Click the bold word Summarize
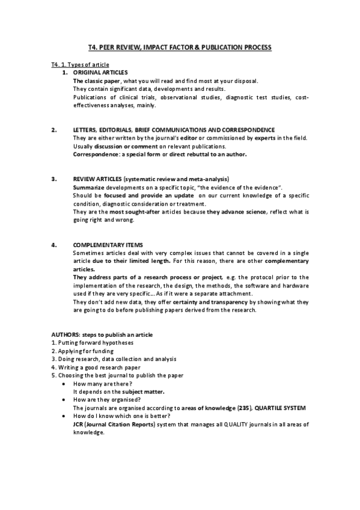(89, 188)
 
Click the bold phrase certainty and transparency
(213, 303)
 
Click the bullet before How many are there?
(64, 384)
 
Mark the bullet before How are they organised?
(64, 400)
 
